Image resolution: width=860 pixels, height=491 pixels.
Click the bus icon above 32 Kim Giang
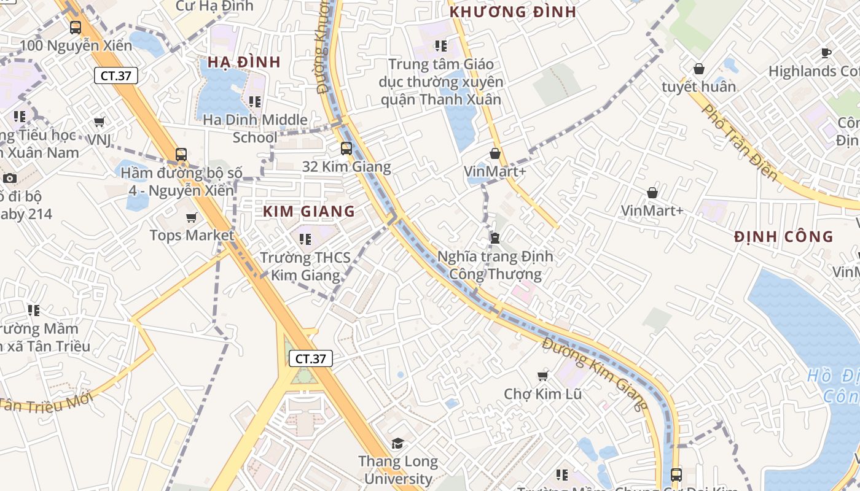(346, 148)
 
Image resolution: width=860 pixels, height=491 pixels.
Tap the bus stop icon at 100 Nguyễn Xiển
(76, 28)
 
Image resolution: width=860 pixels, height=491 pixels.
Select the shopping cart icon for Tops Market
(192, 217)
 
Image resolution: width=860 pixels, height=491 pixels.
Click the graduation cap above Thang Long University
(398, 443)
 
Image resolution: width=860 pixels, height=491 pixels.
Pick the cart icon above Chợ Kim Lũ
(542, 376)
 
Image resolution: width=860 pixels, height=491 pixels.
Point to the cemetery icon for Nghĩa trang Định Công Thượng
(495, 238)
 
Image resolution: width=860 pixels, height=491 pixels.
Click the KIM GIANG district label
(309, 212)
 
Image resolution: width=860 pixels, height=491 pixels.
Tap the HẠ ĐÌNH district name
(244, 62)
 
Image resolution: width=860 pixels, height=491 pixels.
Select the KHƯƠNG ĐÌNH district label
(513, 12)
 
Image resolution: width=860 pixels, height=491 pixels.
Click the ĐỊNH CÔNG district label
(784, 237)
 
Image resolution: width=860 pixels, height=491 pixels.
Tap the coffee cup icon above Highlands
(826, 53)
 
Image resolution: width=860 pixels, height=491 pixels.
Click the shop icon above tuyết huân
(698, 69)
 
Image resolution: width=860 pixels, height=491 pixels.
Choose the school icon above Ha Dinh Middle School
(255, 101)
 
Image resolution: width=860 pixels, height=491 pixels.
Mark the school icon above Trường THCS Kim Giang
(305, 239)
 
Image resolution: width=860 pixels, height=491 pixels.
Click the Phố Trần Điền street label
(739, 143)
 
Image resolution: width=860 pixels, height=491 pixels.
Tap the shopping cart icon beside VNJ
(100, 122)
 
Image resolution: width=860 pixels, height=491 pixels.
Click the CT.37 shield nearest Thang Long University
(310, 358)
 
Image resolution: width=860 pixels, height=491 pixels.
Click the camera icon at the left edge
(10, 179)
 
